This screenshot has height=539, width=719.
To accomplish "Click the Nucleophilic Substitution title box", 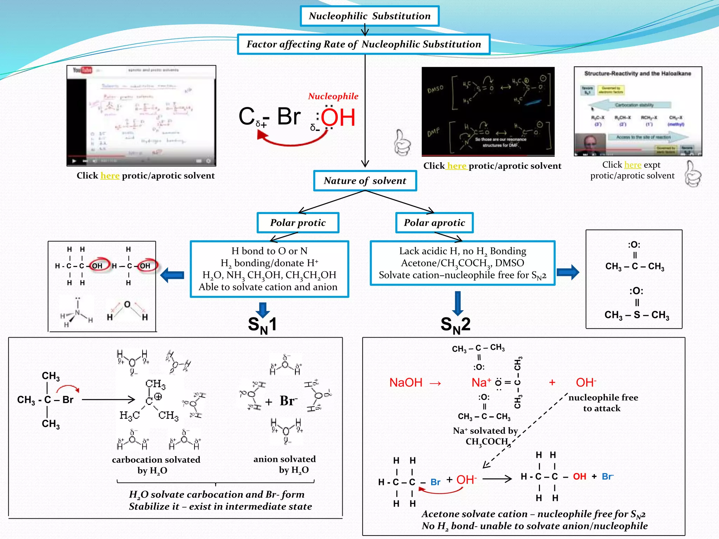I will [x=369, y=16].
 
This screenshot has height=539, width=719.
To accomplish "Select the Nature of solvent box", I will [x=365, y=181].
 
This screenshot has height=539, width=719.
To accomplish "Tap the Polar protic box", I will [x=298, y=223].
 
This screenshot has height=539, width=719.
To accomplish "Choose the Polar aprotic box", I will [x=434, y=223].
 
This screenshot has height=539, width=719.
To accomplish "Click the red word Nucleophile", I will [x=333, y=96].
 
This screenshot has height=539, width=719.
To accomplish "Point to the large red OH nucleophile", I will [x=338, y=118].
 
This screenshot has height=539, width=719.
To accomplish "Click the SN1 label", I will [x=262, y=325].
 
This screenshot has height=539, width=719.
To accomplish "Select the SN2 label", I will [x=455, y=325].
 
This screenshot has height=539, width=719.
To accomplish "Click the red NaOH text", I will [x=406, y=382].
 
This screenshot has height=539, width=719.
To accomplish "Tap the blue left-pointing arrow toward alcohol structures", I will [x=172, y=275].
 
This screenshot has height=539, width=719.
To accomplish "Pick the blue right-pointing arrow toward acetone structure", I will [x=568, y=272].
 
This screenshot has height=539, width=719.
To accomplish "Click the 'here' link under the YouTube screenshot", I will [x=110, y=175].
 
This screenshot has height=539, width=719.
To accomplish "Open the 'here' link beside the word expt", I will [x=633, y=165].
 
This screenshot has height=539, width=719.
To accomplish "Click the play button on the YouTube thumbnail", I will [x=74, y=161].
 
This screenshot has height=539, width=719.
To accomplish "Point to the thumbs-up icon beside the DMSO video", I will [x=402, y=143].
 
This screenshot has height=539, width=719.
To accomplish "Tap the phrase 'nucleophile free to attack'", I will [x=603, y=403].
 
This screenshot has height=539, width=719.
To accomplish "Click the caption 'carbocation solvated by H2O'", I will [x=156, y=465].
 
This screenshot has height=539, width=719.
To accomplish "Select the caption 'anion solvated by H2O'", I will [x=285, y=464].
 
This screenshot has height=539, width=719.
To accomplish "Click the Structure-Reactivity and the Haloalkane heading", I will [x=638, y=73].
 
